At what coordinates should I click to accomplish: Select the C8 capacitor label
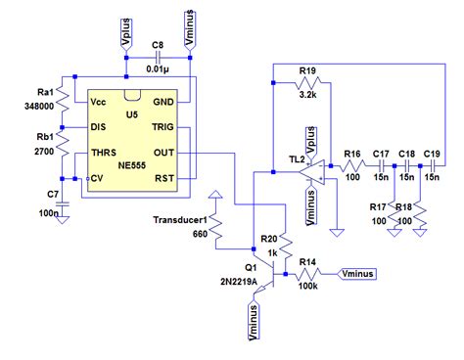click(x=159, y=47)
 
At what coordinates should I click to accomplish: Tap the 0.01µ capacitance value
click(x=160, y=68)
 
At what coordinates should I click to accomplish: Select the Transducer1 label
click(x=182, y=218)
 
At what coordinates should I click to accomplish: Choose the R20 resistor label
click(x=270, y=238)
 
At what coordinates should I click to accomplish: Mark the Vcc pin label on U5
click(x=98, y=102)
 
